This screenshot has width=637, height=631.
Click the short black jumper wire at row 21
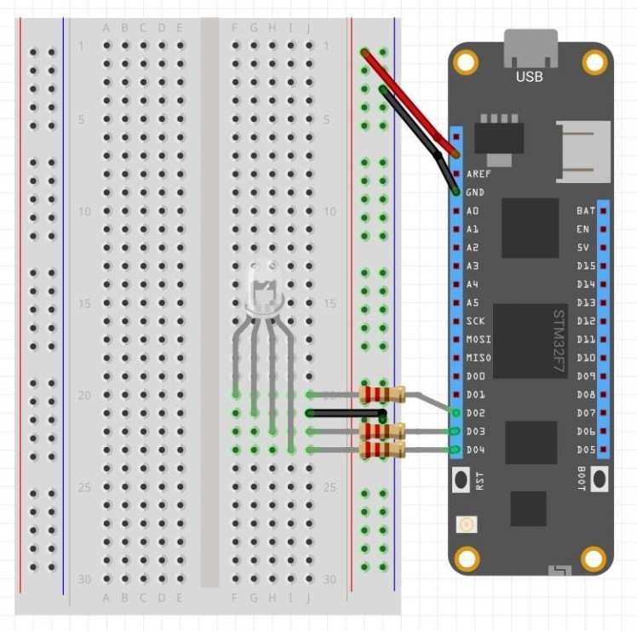[345, 413]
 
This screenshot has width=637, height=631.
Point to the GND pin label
[475, 192]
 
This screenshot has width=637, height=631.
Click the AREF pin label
[478, 174]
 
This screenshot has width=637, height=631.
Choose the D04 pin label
[475, 450]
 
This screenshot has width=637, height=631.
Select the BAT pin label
[585, 210]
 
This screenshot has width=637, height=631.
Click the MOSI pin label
[478, 340]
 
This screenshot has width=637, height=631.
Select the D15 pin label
[585, 266]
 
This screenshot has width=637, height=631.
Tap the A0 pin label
[473, 210]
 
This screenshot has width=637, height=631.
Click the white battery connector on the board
[585, 151]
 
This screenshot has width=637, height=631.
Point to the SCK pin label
[475, 321]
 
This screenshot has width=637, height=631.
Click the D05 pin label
[585, 450]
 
